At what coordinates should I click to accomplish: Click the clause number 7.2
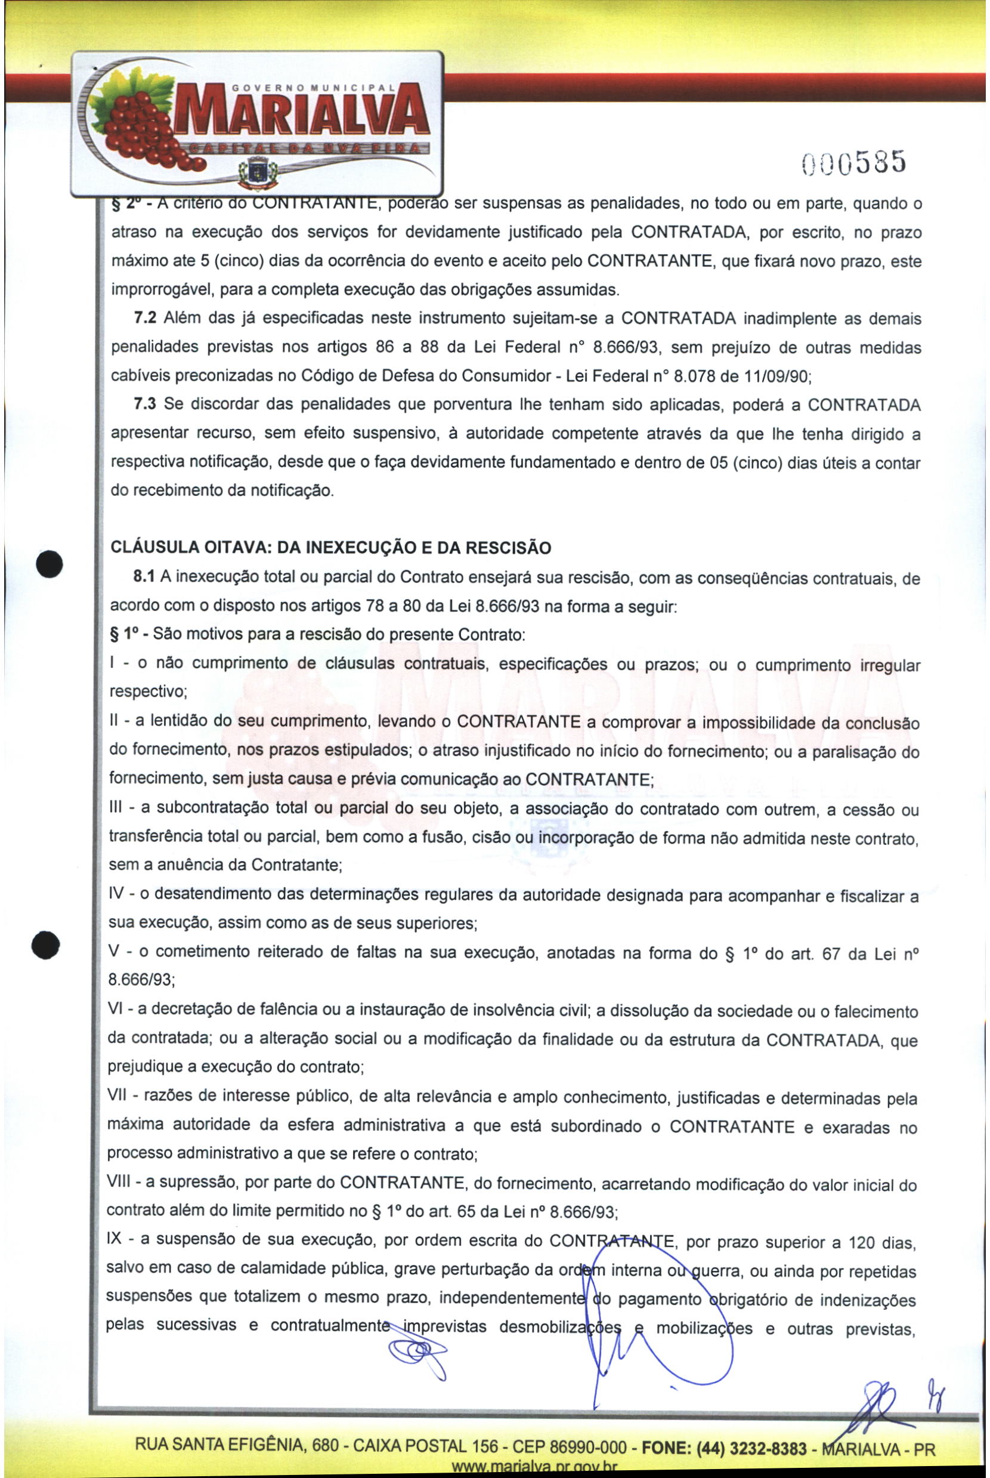[x=144, y=317]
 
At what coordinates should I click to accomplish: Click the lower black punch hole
[x=45, y=946]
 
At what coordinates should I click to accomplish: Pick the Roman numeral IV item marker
[x=116, y=893]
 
